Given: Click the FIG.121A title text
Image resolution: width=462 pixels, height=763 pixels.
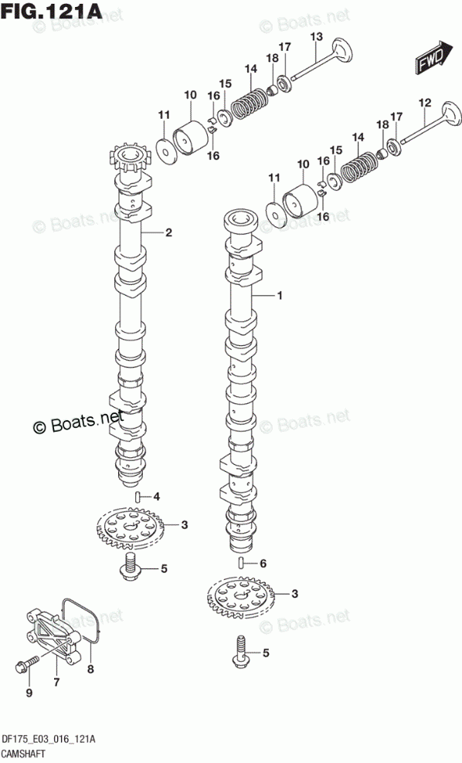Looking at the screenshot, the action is [52, 11].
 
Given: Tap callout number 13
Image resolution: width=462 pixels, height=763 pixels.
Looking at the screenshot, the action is [317, 36].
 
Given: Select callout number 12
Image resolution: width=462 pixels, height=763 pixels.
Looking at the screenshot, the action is [425, 103].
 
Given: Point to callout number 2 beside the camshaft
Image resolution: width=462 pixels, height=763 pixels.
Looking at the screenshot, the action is [168, 232].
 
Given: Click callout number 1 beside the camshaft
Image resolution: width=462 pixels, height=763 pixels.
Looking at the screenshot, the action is [280, 295].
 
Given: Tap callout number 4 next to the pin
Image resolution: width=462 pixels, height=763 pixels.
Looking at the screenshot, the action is [156, 497].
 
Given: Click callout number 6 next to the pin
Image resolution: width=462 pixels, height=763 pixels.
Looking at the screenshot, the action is [263, 564].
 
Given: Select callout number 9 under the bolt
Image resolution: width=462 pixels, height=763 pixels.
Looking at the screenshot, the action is [29, 693].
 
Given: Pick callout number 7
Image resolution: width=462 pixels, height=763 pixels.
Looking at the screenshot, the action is [56, 683].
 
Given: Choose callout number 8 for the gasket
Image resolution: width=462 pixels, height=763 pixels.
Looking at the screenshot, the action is [90, 669].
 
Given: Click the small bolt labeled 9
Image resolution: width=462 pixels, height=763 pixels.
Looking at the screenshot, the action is [27, 663].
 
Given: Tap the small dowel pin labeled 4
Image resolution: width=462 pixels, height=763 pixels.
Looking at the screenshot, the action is [138, 497].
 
